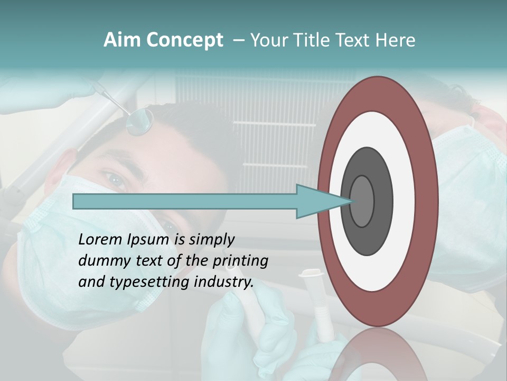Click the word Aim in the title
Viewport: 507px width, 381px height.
point(121,40)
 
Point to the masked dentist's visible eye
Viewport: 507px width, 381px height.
point(116,180)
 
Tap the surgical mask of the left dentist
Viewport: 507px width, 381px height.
point(53,249)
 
